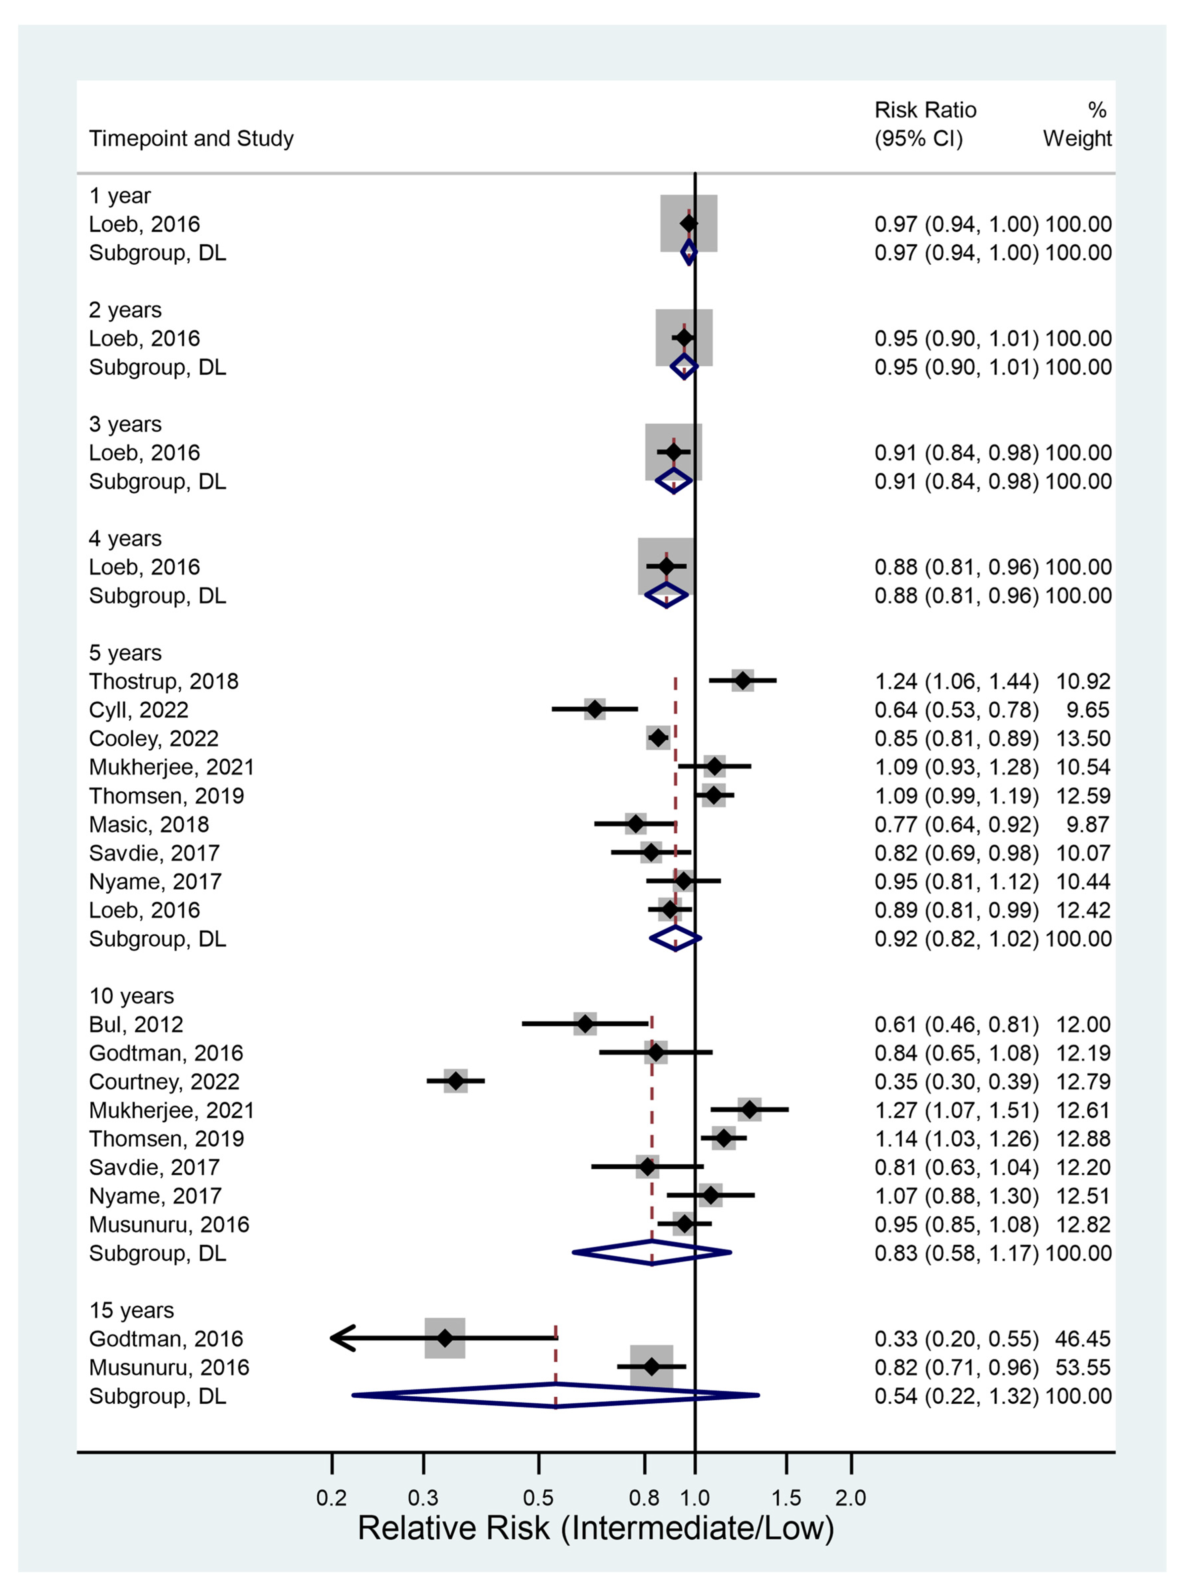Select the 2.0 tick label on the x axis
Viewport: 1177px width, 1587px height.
[x=851, y=1498]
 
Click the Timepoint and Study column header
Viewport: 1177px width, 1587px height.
[x=191, y=138]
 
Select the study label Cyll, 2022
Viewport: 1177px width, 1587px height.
[x=139, y=710]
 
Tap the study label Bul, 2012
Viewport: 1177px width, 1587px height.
[x=136, y=1024]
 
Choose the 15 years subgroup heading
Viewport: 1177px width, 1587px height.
[x=132, y=1310]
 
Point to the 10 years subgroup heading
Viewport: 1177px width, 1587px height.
[x=132, y=996]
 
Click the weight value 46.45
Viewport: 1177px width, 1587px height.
[x=1083, y=1338]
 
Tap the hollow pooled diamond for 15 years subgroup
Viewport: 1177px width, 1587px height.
[x=556, y=1395]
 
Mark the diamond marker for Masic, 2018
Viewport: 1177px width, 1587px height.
[x=636, y=824]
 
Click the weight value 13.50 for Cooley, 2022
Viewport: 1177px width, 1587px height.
[x=1083, y=738]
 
